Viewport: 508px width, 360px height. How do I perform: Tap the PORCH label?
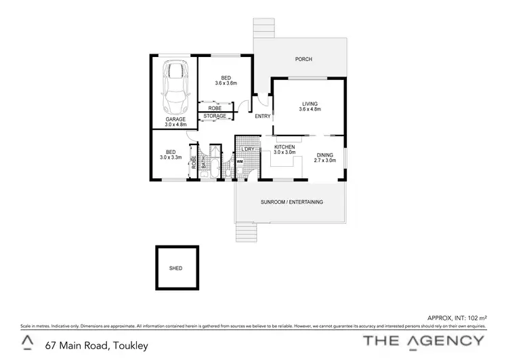tap(303, 60)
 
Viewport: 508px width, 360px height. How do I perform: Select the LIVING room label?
tap(310, 103)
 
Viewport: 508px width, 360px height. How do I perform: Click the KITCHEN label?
tap(284, 146)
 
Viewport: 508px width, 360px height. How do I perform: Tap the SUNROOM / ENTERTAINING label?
tap(291, 202)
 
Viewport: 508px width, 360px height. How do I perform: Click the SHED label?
tap(175, 268)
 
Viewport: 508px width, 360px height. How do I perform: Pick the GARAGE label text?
tap(175, 119)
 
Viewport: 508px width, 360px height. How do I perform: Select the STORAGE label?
tap(215, 117)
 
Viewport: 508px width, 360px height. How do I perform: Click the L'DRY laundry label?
tap(247, 148)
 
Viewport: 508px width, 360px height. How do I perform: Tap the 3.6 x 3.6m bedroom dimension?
tap(226, 83)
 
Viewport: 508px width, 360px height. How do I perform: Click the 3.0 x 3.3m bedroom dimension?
tap(171, 157)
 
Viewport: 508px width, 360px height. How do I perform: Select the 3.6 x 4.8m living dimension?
tap(310, 109)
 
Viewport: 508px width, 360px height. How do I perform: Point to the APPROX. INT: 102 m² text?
tap(457, 317)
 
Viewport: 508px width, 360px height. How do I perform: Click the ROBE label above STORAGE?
tap(215, 108)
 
